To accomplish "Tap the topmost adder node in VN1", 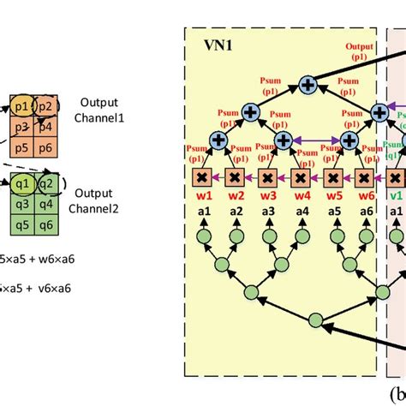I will point(307,85).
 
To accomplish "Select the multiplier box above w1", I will point(202,177).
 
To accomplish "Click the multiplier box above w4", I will point(301,177).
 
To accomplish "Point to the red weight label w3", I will point(267,195).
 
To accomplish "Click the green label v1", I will point(396,195).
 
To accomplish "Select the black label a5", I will point(333,212).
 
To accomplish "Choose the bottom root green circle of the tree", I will point(315,320).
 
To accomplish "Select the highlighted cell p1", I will point(21,106).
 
